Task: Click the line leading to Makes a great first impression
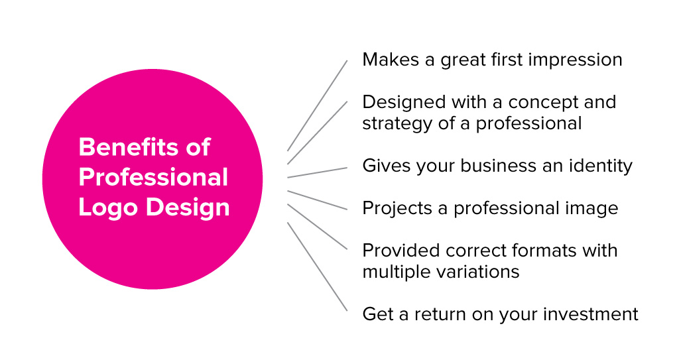[317, 105]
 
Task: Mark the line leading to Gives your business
[317, 172]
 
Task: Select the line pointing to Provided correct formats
[317, 227]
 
